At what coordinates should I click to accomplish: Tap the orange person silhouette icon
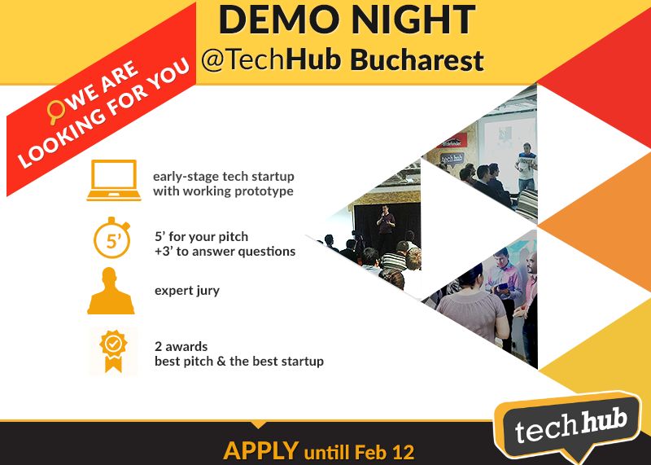[x=111, y=292]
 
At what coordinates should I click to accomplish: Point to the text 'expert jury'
[x=186, y=291]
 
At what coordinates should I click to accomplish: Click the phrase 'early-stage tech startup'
[x=224, y=176]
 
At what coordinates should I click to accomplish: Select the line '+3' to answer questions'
[x=225, y=252]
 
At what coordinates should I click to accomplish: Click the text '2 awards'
[x=181, y=346]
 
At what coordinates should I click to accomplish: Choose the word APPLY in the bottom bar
[x=260, y=450]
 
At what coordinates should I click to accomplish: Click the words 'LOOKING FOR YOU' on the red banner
[x=114, y=122]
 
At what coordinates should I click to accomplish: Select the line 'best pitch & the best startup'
[x=239, y=361]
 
